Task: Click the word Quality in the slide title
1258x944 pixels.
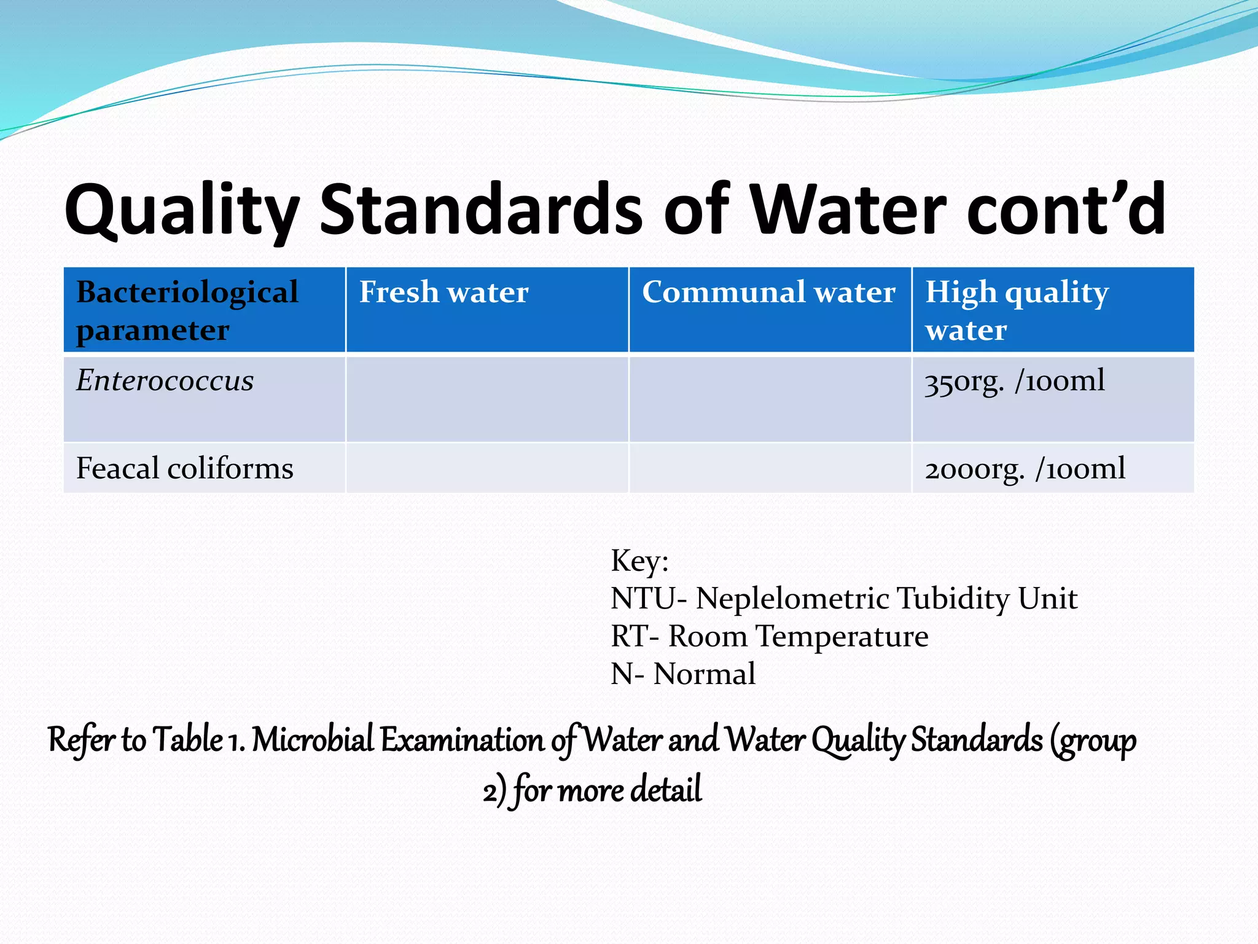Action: pyautogui.click(x=182, y=210)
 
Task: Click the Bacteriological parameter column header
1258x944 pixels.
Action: pyautogui.click(x=187, y=310)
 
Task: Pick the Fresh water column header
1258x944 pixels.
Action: pyautogui.click(x=443, y=292)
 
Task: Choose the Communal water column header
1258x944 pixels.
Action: pyautogui.click(x=768, y=292)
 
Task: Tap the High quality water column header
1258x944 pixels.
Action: pyautogui.click(x=1017, y=310)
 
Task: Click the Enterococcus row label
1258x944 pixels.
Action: pyautogui.click(x=165, y=380)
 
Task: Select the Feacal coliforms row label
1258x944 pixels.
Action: pyautogui.click(x=184, y=468)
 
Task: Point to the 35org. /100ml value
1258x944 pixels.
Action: pyautogui.click(x=1014, y=381)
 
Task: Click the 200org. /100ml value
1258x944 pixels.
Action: pyautogui.click(x=1025, y=469)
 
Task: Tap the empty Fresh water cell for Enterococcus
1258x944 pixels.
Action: pyautogui.click(x=487, y=399)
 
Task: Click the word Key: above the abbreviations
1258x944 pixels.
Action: pyautogui.click(x=639, y=561)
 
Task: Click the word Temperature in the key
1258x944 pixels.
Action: pyautogui.click(x=842, y=636)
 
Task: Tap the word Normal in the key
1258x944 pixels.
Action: pyautogui.click(x=704, y=674)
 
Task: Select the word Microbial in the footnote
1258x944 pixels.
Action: pyautogui.click(x=313, y=739)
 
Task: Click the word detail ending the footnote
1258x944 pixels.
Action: pyautogui.click(x=666, y=790)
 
